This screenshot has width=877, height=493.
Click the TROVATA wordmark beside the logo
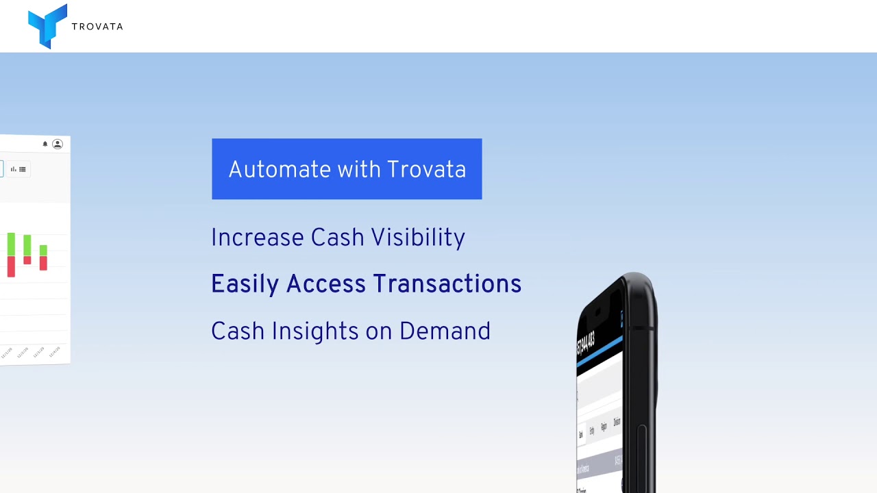[97, 27]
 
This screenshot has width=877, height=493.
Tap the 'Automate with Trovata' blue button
[347, 169]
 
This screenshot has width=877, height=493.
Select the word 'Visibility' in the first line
[418, 238]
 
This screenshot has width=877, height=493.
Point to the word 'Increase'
[257, 238]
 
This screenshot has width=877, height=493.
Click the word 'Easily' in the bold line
[245, 284]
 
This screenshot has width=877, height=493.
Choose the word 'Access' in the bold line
[325, 284]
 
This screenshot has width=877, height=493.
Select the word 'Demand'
[445, 331]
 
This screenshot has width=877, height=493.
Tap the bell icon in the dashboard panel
[45, 144]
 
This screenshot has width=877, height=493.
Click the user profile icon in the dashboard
[58, 144]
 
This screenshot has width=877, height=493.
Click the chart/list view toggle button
[18, 169]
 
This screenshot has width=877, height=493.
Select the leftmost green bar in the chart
[11, 244]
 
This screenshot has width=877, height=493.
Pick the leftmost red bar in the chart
[11, 266]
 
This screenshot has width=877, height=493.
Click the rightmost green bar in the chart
[43, 251]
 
